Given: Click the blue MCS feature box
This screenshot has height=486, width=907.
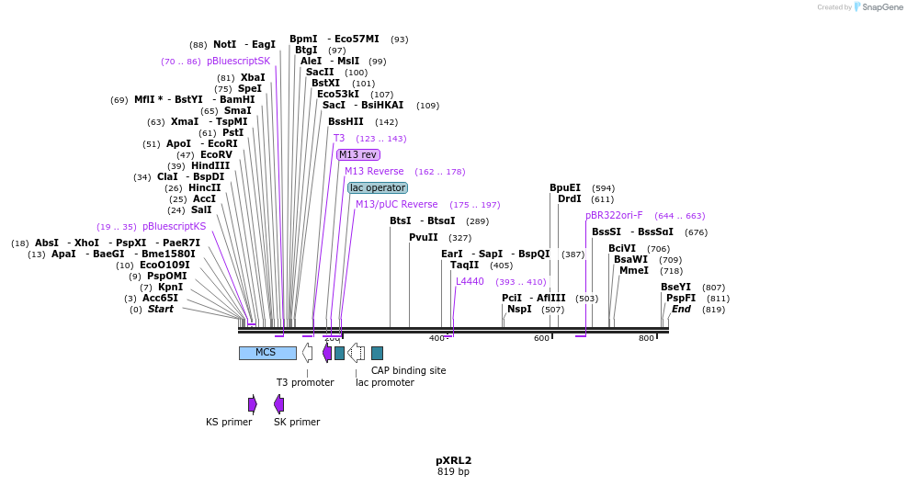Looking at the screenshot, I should pyautogui.click(x=267, y=353).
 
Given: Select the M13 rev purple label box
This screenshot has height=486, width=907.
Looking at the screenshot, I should pyautogui.click(x=357, y=154).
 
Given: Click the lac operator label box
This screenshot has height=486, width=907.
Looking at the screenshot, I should pyautogui.click(x=378, y=187).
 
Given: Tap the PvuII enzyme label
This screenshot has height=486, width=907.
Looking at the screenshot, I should pyautogui.click(x=423, y=237).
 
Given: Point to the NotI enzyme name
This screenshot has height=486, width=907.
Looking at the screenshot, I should pyautogui.click(x=224, y=44).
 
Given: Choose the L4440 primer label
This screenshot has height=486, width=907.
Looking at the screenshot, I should pyautogui.click(x=470, y=281).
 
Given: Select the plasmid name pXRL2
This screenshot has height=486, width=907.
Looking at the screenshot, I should pyautogui.click(x=453, y=460).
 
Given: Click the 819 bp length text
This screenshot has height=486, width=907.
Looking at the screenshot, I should pyautogui.click(x=453, y=472).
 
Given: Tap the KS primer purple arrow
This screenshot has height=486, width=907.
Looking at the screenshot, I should pyautogui.click(x=253, y=404).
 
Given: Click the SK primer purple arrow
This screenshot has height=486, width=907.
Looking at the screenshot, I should pyautogui.click(x=278, y=404).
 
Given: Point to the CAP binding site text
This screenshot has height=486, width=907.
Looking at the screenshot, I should pyautogui.click(x=408, y=370).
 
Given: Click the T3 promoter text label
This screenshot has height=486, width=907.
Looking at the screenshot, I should pyautogui.click(x=305, y=382).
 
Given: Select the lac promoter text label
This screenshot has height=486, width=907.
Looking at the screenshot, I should pyautogui.click(x=384, y=382).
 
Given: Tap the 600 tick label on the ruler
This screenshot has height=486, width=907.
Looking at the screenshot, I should pyautogui.click(x=541, y=338).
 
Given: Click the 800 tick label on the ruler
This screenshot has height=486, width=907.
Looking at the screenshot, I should pyautogui.click(x=646, y=338).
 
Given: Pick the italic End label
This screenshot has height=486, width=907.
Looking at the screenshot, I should pyautogui.click(x=681, y=309).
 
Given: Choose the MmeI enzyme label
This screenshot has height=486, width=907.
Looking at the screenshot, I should pyautogui.click(x=633, y=270).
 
